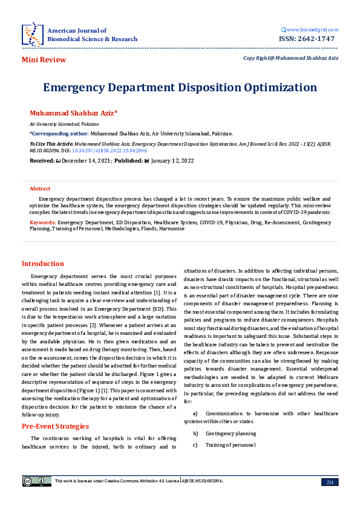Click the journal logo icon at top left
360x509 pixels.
[31, 34]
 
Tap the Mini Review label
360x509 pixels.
[44, 59]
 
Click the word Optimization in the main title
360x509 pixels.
[269, 87]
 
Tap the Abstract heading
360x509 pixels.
[40, 189]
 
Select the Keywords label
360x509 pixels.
[43, 222]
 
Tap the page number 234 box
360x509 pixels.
[330, 481]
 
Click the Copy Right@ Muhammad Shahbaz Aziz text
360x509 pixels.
[290, 58]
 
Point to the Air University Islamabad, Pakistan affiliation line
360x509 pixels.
[56, 123]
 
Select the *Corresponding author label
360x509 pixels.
[59, 134]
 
